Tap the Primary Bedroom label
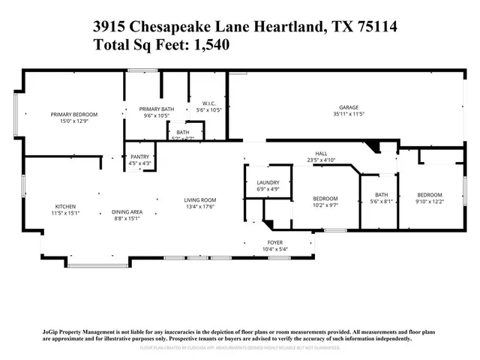74,114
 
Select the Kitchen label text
65,207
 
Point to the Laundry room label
268,182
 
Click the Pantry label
140,156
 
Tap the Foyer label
276,242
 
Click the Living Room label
201,199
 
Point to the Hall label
321,154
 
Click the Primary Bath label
156,109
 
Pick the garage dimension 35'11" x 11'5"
347,114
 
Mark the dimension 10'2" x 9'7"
326,204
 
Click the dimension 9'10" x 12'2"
430,201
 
